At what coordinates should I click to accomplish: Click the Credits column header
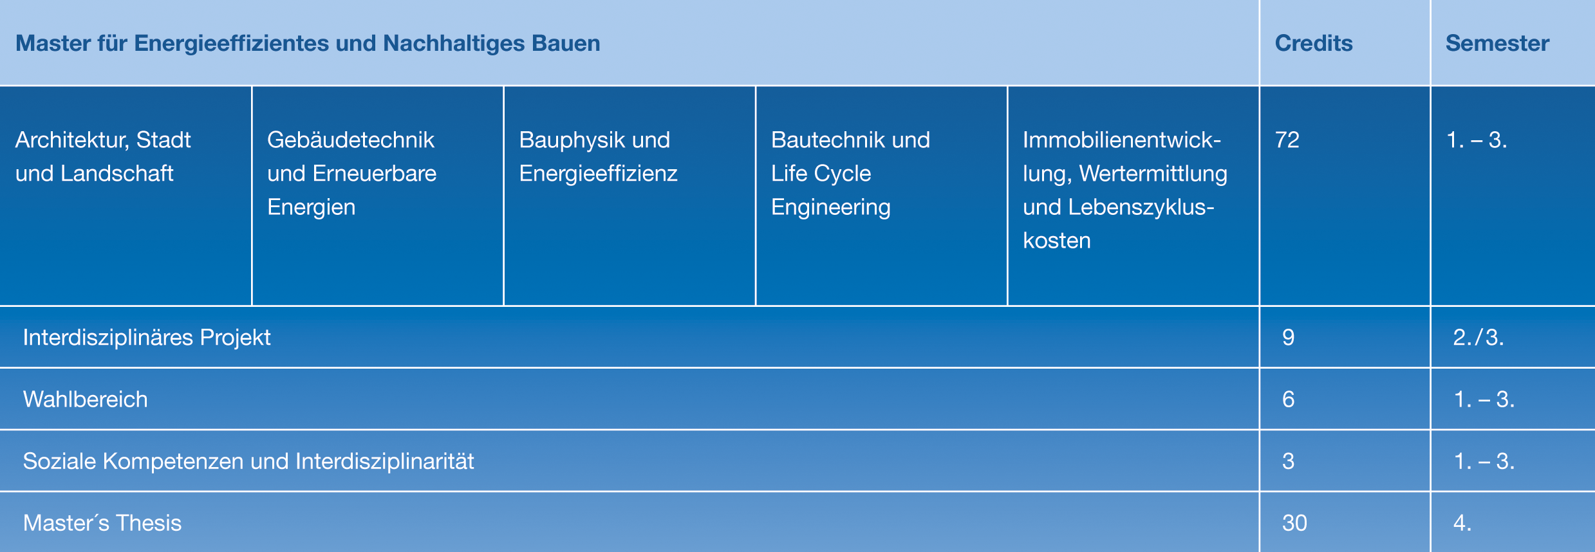[1314, 43]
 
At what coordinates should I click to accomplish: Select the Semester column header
[1497, 43]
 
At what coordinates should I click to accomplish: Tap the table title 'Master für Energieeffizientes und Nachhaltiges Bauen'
[308, 43]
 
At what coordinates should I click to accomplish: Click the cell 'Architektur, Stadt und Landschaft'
[103, 156]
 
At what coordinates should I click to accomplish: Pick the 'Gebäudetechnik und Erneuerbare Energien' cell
[351, 173]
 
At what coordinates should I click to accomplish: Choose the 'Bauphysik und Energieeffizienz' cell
[598, 156]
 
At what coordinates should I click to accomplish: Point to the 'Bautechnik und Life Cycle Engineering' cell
[850, 173]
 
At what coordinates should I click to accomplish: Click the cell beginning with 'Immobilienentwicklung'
[1125, 190]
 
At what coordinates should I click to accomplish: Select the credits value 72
[1287, 140]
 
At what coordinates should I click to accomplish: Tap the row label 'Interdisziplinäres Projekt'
[147, 337]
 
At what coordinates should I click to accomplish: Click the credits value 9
[1288, 337]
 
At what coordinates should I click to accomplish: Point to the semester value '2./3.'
[1478, 337]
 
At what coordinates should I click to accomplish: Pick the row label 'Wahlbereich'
[86, 399]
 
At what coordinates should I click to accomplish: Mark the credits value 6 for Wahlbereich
[1288, 399]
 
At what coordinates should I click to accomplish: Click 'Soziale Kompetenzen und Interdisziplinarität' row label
[248, 461]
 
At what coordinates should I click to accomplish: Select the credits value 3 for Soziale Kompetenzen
[1288, 461]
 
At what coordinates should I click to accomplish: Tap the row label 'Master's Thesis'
[102, 522]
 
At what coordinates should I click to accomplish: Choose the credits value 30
[1294, 522]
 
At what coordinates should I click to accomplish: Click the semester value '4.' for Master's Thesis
[1462, 522]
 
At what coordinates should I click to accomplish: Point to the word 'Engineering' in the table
[830, 207]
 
